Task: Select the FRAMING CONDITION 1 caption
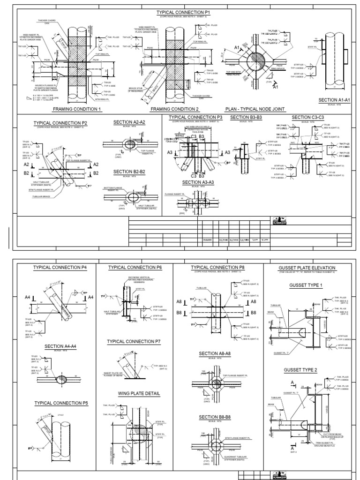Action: [x=77, y=109]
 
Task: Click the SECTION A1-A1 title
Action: [x=331, y=100]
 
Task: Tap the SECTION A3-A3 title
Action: [x=199, y=182]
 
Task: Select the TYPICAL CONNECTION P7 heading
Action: [x=134, y=342]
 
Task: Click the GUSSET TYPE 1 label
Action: [x=307, y=285]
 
